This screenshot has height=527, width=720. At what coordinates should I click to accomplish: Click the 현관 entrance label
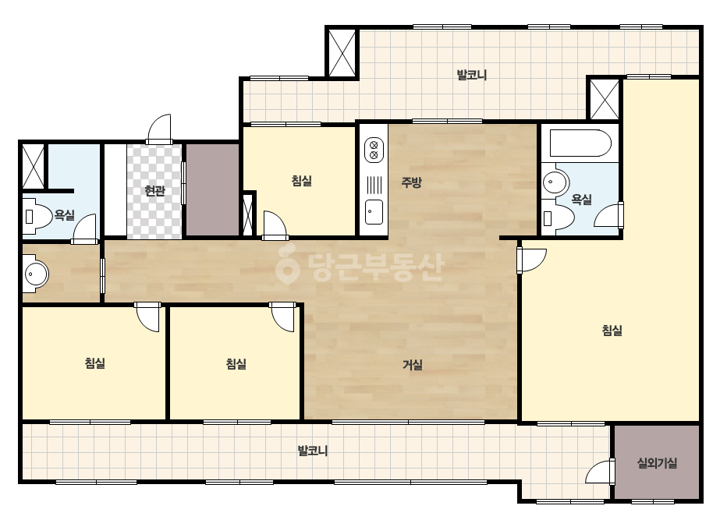pos(154,190)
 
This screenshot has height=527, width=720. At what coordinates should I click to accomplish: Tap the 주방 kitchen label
pos(411,182)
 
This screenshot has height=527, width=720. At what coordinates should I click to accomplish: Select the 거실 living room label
pos(413,365)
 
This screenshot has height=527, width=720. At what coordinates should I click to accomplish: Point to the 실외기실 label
pos(657,463)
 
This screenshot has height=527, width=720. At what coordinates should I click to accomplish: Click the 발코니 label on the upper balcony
pos(472,75)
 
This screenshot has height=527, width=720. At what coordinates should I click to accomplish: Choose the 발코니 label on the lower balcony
pos(313,451)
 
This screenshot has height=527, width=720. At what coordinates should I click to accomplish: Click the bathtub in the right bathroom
pos(576,143)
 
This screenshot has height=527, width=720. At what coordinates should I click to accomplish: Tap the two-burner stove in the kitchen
pos(374,150)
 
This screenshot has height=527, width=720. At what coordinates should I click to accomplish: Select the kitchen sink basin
pos(374,211)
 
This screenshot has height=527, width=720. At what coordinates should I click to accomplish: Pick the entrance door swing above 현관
pos(159,129)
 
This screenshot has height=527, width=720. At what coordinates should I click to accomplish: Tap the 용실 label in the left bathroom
pos(64,214)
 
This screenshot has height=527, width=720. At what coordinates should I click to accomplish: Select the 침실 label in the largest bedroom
pos(612,330)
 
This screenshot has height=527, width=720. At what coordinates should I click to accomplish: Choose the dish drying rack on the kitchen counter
pos(374,186)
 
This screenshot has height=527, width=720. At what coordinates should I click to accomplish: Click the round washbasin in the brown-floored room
pos(37,274)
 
